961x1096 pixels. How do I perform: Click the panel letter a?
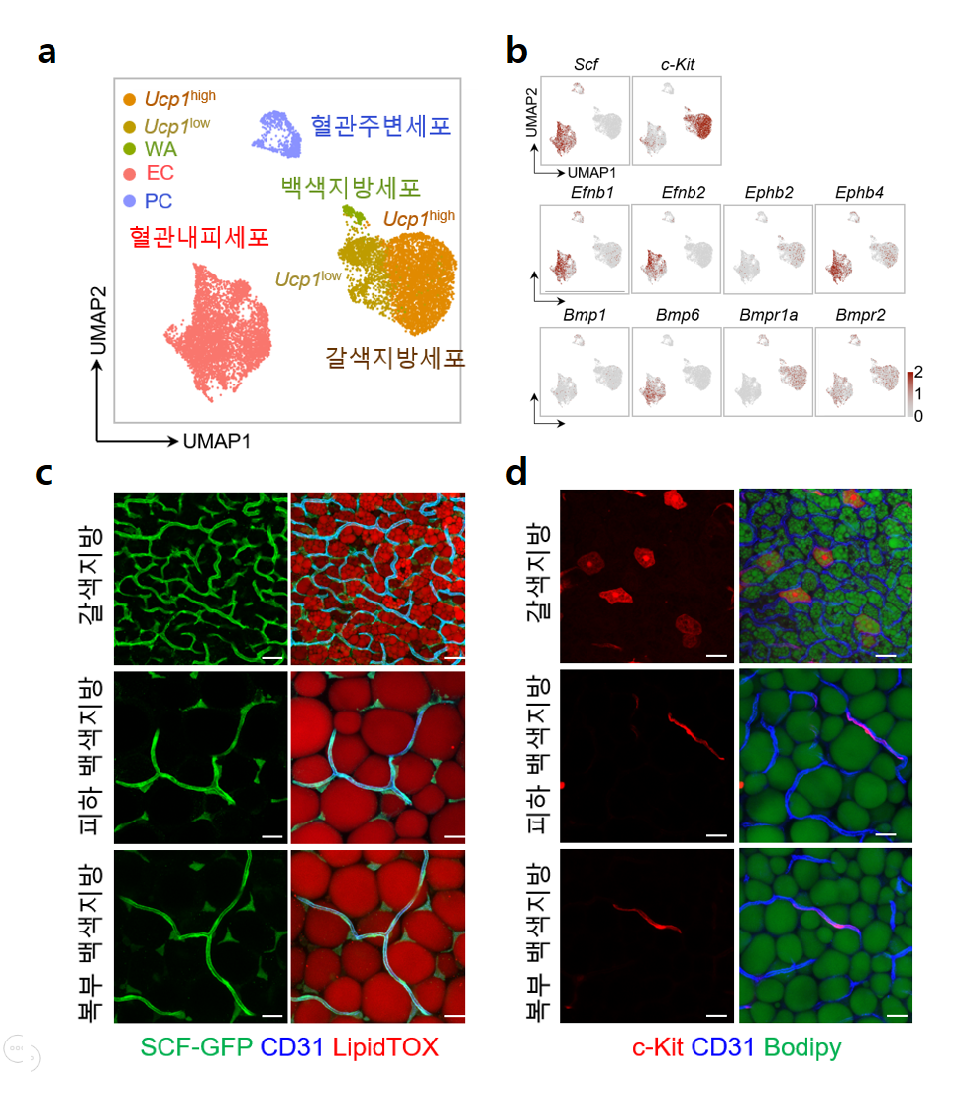[x=47, y=52]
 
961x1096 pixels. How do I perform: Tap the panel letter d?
[x=516, y=473]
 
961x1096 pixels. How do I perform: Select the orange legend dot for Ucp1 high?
[x=129, y=99]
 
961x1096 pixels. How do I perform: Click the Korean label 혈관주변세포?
[x=380, y=126]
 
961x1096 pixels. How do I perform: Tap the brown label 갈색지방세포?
[x=394, y=358]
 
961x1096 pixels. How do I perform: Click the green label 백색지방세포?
[x=350, y=187]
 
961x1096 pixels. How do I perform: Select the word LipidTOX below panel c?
[x=385, y=1047]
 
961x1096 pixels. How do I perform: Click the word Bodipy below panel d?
[x=801, y=1047]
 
